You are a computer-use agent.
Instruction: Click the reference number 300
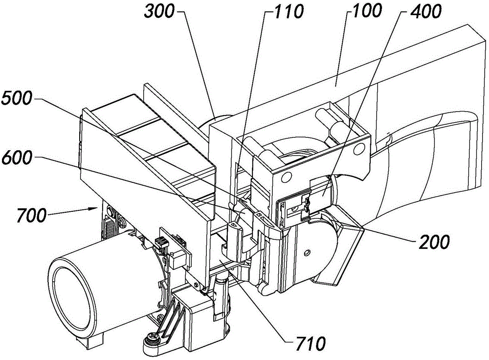pos(159,12)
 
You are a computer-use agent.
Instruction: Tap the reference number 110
pos(288,12)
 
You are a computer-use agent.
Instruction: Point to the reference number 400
pos(426,12)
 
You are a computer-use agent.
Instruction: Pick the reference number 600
pos(17,157)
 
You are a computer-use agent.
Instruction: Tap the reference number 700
pos(31,216)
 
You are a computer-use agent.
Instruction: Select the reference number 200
pos(434,242)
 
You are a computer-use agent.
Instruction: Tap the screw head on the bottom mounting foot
pos(152,337)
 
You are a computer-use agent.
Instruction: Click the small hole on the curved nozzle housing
pos(307,252)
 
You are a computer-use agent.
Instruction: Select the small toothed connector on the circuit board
pos(160,243)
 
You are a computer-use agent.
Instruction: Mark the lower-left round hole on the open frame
pos(285,178)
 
